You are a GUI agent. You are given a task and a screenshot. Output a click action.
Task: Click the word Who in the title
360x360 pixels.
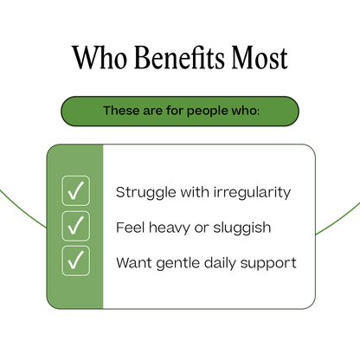point(96,58)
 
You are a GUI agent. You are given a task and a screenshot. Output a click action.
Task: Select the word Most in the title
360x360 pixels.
point(257,58)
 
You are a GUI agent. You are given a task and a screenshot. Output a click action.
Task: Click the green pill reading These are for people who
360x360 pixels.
point(180,111)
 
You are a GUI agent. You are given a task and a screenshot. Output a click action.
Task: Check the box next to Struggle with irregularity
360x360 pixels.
point(76,191)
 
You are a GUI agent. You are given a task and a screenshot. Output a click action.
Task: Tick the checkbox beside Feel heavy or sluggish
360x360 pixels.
point(76,226)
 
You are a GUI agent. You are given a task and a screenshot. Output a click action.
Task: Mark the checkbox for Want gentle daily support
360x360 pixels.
point(76,260)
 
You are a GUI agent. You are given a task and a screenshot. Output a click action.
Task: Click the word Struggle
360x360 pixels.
point(143,192)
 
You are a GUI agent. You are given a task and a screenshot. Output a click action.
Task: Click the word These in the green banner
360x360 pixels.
point(122,111)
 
